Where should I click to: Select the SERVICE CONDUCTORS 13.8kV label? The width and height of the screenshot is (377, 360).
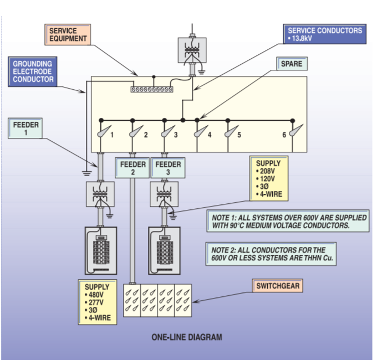click(324, 34)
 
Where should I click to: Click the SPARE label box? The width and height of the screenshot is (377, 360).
click(291, 64)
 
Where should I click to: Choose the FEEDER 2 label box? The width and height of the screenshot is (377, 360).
click(133, 168)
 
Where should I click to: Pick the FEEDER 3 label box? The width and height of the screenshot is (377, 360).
click(168, 168)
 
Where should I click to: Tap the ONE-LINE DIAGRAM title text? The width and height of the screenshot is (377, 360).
click(187, 336)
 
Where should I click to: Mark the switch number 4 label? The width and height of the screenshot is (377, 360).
click(209, 135)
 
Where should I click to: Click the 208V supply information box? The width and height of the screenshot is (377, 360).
click(269, 179)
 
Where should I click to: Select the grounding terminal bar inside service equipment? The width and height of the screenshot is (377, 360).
click(152, 89)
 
